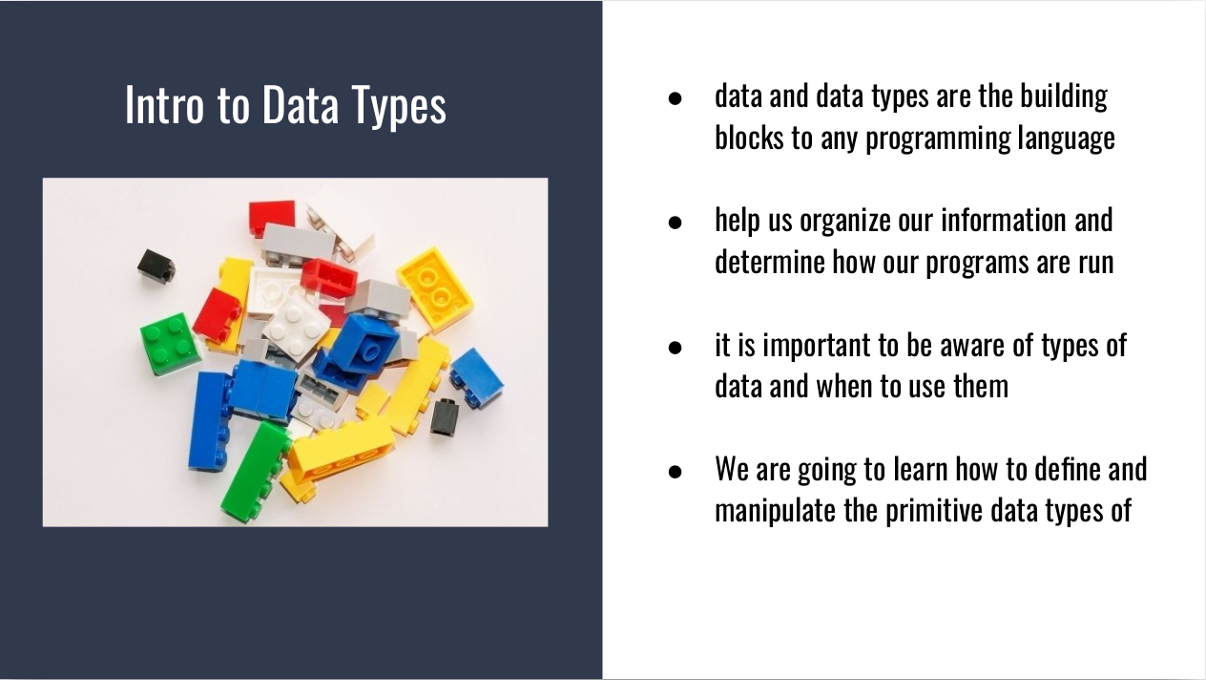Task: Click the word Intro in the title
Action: pos(164,105)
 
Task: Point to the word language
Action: pos(1067,139)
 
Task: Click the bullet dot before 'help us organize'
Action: pos(675,223)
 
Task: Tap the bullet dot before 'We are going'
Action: pos(675,472)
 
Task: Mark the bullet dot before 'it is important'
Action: pos(675,348)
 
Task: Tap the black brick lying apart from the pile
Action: pos(156,267)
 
